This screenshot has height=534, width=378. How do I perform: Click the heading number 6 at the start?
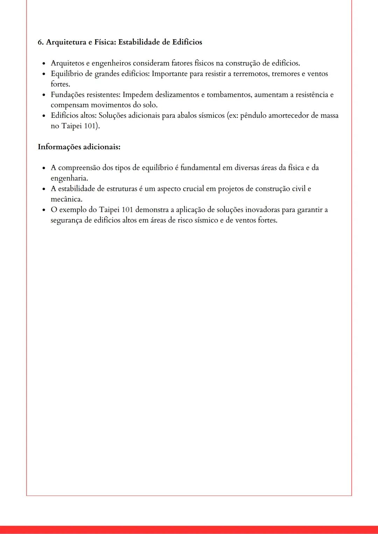click(x=40, y=42)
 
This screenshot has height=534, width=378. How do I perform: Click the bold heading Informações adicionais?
click(x=79, y=147)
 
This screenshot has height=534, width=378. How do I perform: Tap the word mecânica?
click(x=66, y=199)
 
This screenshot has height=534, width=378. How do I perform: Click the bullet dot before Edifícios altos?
click(x=44, y=116)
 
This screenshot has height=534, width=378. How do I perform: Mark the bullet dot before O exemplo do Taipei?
click(x=44, y=210)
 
